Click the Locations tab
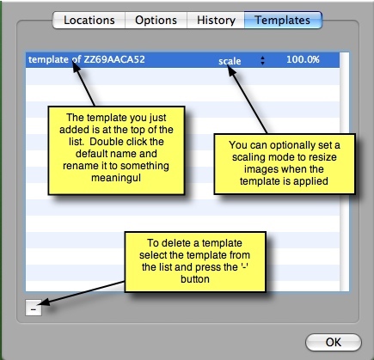[x=89, y=21]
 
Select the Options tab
[x=156, y=21]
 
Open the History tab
[x=216, y=21]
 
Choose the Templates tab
[x=283, y=21]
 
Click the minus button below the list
[x=34, y=308]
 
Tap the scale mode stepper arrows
[x=262, y=60]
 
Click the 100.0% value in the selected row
[x=303, y=59]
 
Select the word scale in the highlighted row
[x=230, y=61]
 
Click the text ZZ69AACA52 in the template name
[x=114, y=59]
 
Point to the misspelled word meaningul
[x=116, y=178]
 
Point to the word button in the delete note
[x=195, y=279]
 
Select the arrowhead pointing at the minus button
[x=45, y=302]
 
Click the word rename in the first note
[x=77, y=166]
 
